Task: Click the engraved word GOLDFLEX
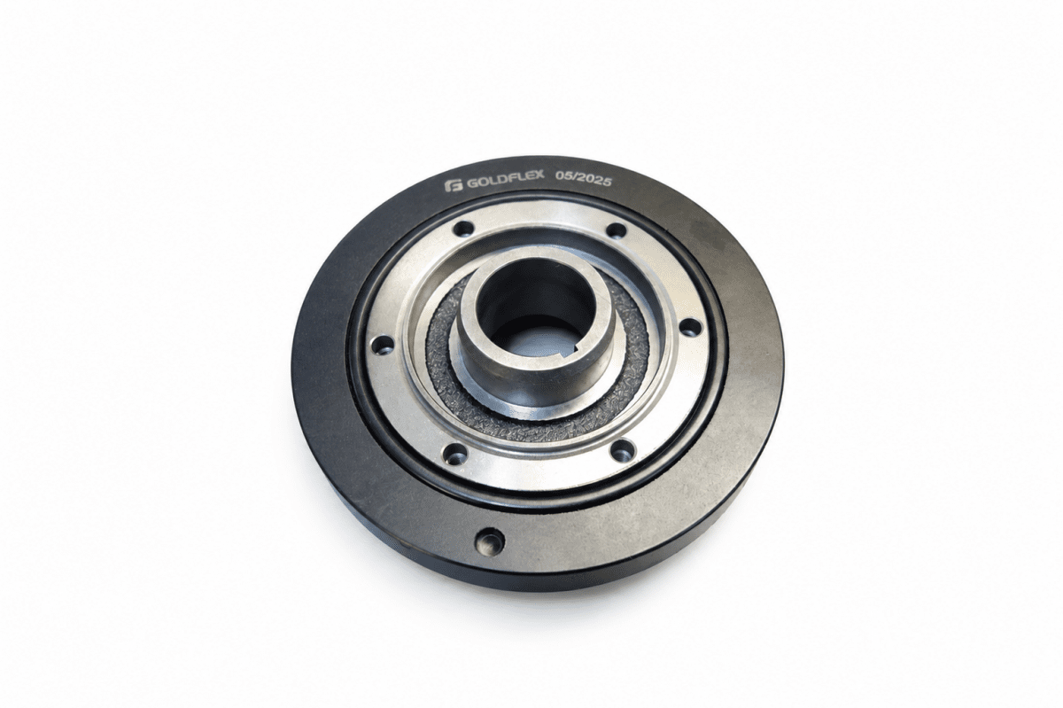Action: [x=506, y=183]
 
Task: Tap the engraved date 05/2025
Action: [x=583, y=179]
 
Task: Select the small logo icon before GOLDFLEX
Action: [x=454, y=186]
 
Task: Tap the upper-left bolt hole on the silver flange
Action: [x=464, y=230]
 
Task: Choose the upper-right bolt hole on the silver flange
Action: [x=617, y=230]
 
